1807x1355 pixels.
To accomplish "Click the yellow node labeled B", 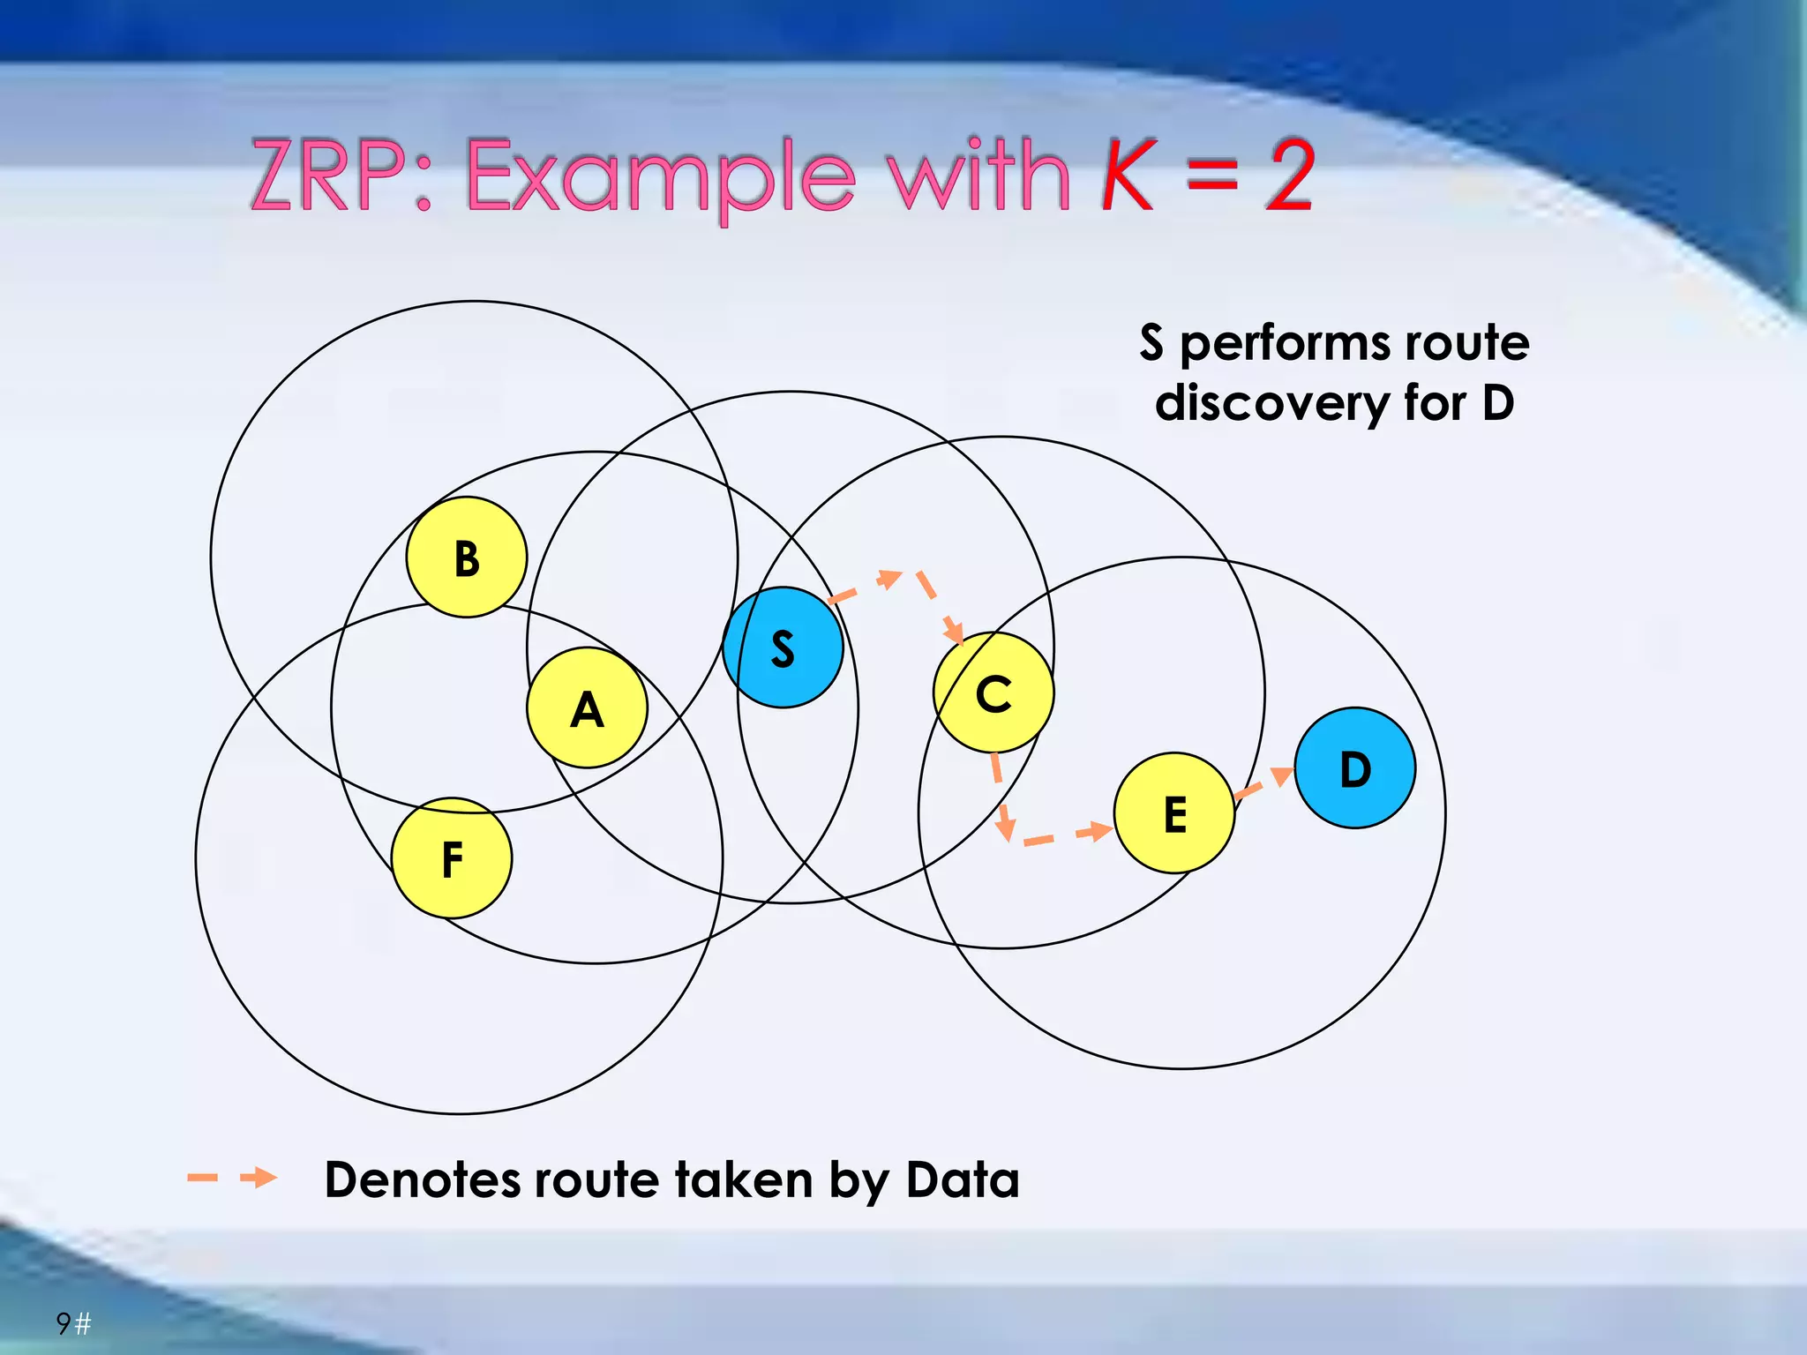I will coord(467,558).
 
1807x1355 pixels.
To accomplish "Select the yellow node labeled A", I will coord(587,708).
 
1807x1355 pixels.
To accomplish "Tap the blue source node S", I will coord(783,648).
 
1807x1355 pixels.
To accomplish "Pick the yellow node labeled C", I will coord(993,692).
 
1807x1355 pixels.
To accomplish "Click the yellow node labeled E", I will coord(1174,813).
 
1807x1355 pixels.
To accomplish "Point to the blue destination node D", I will coord(1355,768).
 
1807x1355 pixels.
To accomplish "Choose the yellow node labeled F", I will coord(452,858).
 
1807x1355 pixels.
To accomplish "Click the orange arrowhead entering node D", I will coord(1281,776).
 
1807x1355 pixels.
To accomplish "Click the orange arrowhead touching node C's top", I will coord(954,631).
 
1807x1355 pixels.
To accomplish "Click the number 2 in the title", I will coord(1289,176).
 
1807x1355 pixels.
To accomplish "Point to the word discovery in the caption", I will coord(1271,403).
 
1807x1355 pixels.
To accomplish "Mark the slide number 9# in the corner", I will coord(73,1323).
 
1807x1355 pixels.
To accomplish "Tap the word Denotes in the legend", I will coord(424,1179).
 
